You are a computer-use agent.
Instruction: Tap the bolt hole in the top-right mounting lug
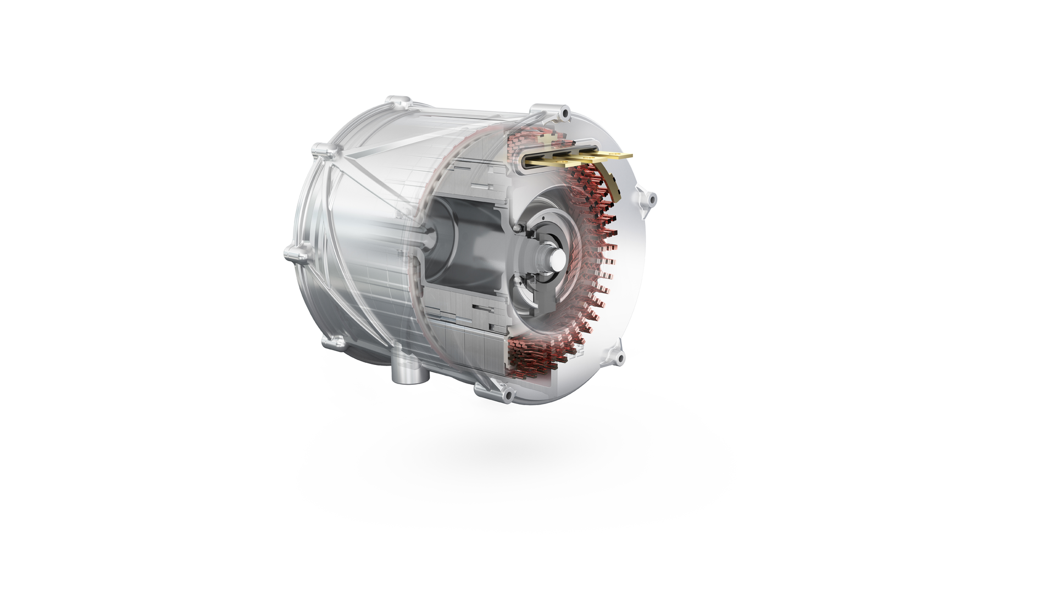click(563, 114)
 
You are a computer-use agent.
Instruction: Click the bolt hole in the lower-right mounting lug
click(620, 358)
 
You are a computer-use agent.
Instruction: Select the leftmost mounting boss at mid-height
click(291, 254)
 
